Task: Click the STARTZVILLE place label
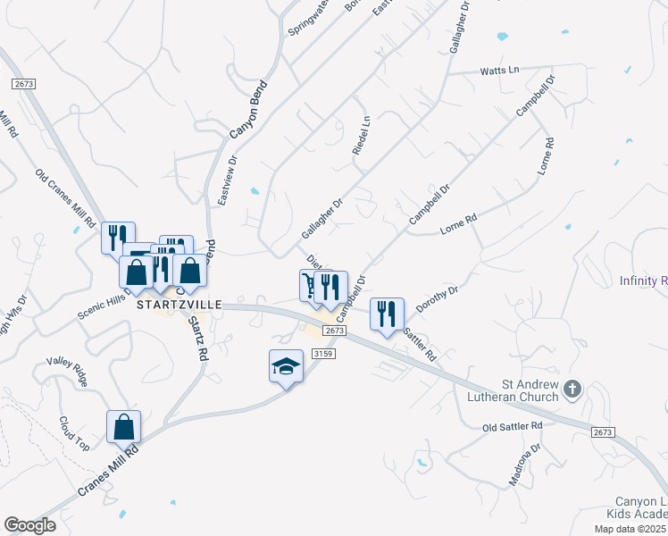[x=179, y=304]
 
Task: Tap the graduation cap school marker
[x=285, y=367]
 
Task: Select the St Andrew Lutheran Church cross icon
[x=573, y=389]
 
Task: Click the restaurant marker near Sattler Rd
[x=387, y=314]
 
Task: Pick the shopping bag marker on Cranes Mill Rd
[x=123, y=427]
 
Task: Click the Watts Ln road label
[x=499, y=71]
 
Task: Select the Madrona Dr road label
[x=520, y=466]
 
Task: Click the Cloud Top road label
[x=76, y=432]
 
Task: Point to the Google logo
[x=29, y=525]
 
